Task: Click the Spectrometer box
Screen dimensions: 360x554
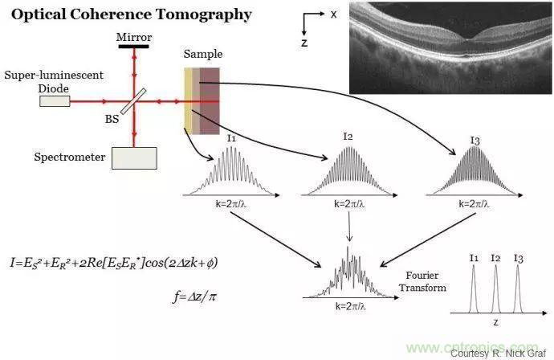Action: [135, 157]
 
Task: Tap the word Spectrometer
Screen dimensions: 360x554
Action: [70, 157]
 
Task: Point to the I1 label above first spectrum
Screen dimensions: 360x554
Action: [230, 139]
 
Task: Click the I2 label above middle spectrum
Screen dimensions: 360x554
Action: [348, 137]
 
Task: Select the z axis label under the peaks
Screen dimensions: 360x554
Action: [495, 321]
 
